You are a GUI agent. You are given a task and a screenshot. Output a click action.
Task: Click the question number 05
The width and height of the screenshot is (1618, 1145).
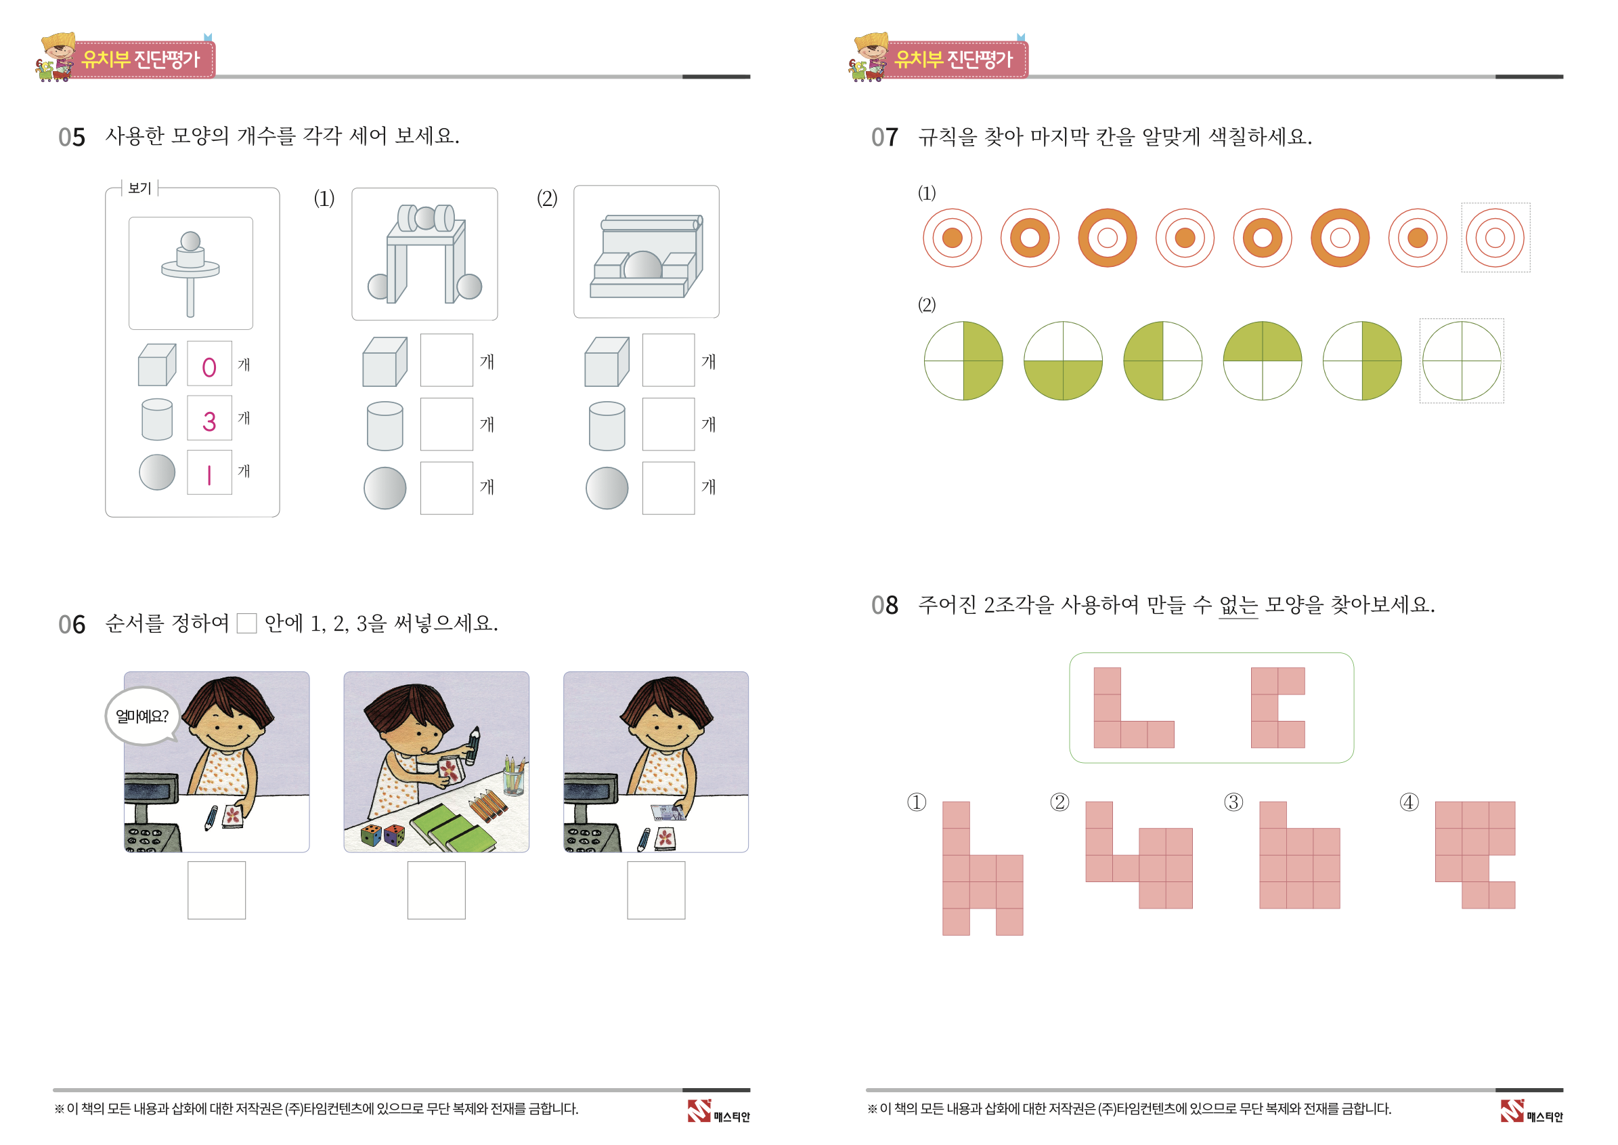pyautogui.click(x=72, y=138)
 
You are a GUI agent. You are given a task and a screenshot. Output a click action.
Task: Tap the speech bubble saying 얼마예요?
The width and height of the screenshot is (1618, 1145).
pyautogui.click(x=143, y=716)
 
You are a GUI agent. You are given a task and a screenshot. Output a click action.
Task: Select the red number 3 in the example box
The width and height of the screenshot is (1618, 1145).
pyautogui.click(x=209, y=421)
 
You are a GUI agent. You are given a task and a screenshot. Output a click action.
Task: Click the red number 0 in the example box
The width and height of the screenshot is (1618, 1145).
pyautogui.click(x=209, y=367)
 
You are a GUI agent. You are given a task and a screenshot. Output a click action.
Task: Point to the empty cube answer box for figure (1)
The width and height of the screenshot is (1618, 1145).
pyautogui.click(x=447, y=360)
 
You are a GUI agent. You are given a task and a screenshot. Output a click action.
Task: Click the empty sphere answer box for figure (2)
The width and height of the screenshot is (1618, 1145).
pyautogui.click(x=669, y=488)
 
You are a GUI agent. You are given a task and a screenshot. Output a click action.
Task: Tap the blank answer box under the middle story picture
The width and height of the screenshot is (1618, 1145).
pyautogui.click(x=436, y=890)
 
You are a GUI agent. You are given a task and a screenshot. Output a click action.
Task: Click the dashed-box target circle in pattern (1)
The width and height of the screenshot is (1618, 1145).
pyautogui.click(x=1495, y=238)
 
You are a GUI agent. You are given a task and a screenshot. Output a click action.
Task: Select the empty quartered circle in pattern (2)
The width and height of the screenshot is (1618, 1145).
pyautogui.click(x=1462, y=361)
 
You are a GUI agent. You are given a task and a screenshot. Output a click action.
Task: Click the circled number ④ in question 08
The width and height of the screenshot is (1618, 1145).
pyautogui.click(x=1409, y=802)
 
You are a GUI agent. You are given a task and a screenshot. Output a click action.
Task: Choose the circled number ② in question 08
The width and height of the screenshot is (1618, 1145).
pyautogui.click(x=1060, y=802)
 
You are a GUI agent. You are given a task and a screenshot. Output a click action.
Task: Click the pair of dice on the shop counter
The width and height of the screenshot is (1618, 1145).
pyautogui.click(x=383, y=835)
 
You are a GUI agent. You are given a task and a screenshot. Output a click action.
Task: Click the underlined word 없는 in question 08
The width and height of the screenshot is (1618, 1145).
pyautogui.click(x=1238, y=605)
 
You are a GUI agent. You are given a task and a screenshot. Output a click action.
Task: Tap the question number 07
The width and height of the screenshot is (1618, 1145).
pyautogui.click(x=885, y=138)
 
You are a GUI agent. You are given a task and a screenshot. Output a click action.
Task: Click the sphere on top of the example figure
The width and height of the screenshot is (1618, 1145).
pyautogui.click(x=190, y=241)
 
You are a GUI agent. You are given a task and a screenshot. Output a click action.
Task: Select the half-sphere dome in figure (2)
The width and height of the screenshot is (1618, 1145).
pyautogui.click(x=642, y=265)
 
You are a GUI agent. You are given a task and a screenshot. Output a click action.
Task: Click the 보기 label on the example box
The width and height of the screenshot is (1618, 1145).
pyautogui.click(x=140, y=188)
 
